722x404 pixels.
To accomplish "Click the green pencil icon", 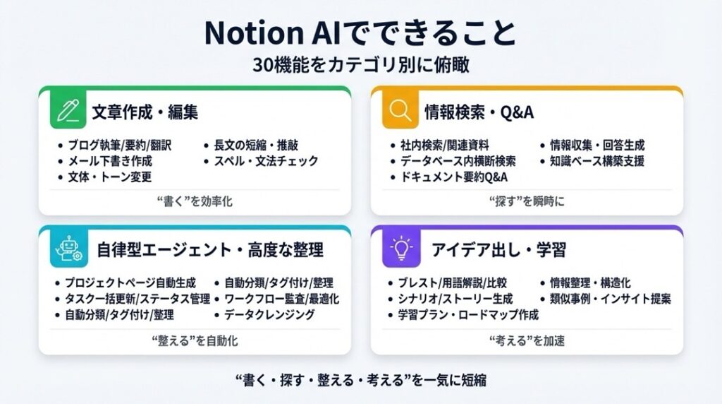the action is (68, 110).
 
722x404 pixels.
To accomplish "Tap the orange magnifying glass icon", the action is (400, 110).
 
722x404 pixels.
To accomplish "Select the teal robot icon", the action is (68, 249).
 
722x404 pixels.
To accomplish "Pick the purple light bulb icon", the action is (401, 249).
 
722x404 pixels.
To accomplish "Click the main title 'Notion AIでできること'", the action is (360, 32).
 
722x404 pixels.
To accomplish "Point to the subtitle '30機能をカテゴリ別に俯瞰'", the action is (361, 65).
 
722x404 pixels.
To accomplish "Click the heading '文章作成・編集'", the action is (145, 112).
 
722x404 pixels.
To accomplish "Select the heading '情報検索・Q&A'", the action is (479, 112).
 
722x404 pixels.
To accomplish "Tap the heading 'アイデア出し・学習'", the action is (498, 250).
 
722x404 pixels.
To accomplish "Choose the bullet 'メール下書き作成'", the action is (110, 161).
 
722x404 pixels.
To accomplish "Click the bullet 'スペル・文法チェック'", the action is (266, 161).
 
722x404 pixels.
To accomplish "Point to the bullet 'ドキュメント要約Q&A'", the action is (454, 177).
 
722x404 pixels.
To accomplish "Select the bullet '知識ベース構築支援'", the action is (597, 161).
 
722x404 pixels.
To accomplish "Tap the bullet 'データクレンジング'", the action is (270, 314).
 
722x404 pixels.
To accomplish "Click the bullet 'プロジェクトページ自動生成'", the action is (130, 283).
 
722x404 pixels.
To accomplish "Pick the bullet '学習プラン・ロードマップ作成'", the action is (468, 314).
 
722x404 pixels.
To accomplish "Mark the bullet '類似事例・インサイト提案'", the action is (611, 299).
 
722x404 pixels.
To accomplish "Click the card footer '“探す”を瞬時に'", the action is (527, 201).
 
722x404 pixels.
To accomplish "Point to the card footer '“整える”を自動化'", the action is (195, 341).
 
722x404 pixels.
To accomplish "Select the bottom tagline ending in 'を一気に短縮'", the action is (361, 380).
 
